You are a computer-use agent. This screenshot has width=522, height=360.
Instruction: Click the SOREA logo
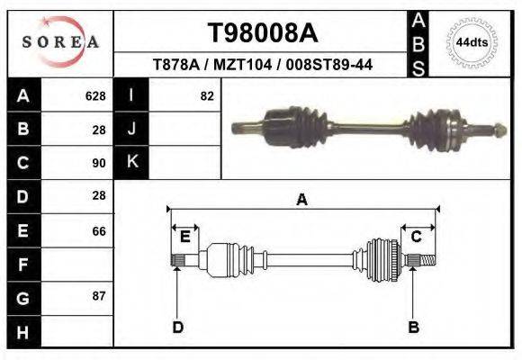point(60,42)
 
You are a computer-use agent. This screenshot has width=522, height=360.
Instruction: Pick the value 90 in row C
point(99,163)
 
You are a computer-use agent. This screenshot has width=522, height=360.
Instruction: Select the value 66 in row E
point(99,231)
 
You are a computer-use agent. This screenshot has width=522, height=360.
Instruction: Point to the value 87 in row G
point(99,296)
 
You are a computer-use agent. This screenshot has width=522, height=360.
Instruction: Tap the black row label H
point(22,332)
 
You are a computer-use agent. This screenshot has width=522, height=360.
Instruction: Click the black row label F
point(22,265)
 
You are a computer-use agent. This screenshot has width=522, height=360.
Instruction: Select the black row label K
point(131,162)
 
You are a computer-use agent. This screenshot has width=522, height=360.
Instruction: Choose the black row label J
point(131,129)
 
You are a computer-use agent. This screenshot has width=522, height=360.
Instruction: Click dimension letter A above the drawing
point(302,200)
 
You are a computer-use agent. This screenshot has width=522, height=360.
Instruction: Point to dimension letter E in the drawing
point(184,237)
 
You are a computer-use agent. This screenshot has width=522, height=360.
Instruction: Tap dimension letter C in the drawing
point(417,237)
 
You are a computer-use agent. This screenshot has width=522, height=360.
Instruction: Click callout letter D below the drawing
point(177,327)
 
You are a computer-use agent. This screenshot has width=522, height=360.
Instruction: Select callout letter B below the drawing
point(414,327)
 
